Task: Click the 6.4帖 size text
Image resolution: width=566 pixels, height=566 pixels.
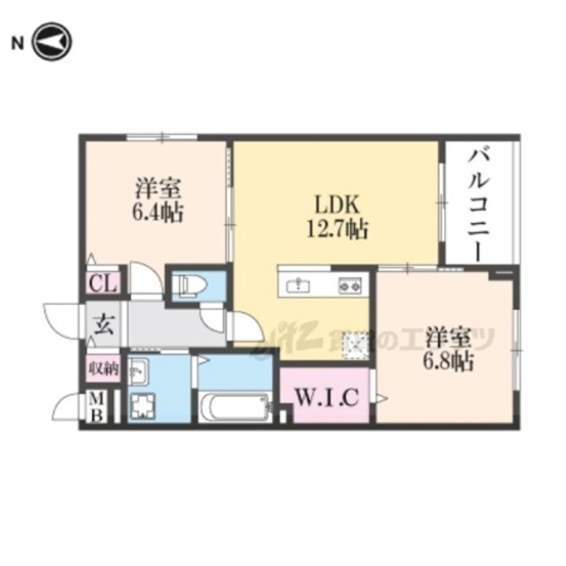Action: pyautogui.click(x=159, y=212)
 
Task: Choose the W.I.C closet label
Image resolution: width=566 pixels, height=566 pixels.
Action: pyautogui.click(x=327, y=398)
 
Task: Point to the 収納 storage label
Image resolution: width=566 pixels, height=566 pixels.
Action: pyautogui.click(x=103, y=367)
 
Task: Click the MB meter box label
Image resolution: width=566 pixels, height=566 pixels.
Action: pyautogui.click(x=95, y=407)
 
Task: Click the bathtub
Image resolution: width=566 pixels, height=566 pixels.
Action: pyautogui.click(x=233, y=407)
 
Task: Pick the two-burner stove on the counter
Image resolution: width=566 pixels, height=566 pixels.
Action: pyautogui.click(x=349, y=285)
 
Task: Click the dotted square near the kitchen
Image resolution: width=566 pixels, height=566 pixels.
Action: pyautogui.click(x=355, y=344)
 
